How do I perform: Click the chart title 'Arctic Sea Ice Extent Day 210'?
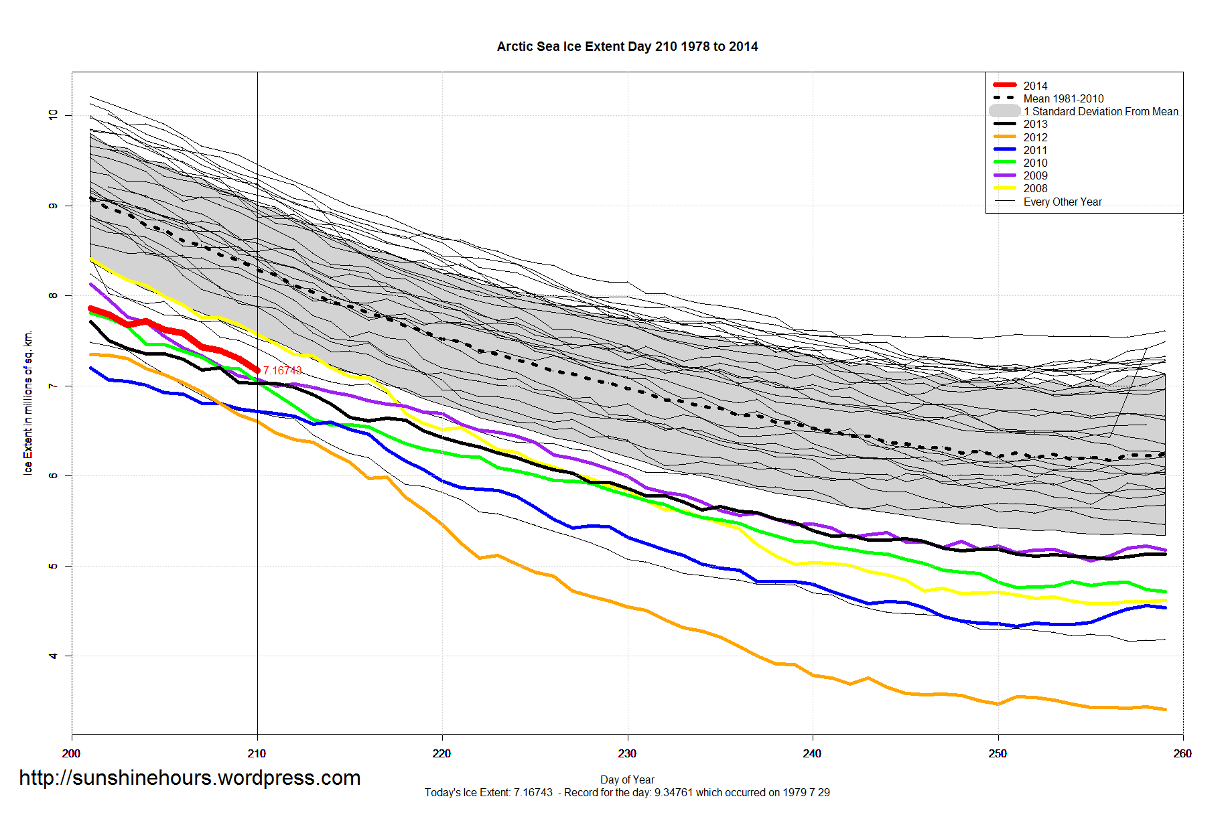pos(627,47)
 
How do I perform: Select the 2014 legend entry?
pos(1035,86)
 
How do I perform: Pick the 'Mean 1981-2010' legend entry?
pos(1063,98)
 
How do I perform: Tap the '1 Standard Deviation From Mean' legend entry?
pos(1101,111)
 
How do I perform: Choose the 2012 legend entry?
pos(1035,137)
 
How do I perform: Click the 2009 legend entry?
pos(1035,175)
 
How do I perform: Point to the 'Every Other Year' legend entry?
pos(1063,202)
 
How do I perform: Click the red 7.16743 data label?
pos(283,370)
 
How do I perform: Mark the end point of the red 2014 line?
pos(257,370)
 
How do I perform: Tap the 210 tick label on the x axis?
pos(257,753)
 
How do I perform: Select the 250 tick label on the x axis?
pos(998,753)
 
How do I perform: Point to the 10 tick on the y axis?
pos(53,115)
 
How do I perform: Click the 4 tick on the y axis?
pos(53,656)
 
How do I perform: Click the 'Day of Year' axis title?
pos(627,779)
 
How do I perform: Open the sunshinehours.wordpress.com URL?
pos(190,777)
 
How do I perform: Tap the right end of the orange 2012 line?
pos(1165,709)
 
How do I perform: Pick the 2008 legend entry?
pos(1035,188)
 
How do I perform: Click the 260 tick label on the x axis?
pos(1182,753)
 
